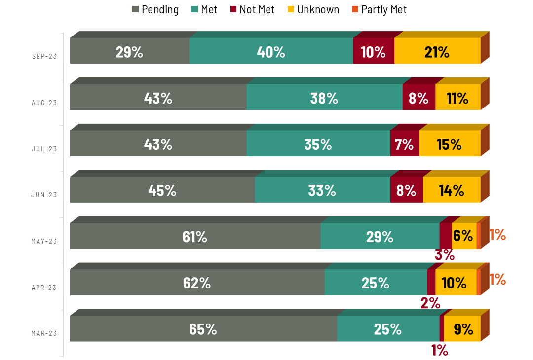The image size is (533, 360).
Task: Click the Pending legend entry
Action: [x=155, y=9]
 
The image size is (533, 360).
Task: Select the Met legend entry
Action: [x=204, y=9]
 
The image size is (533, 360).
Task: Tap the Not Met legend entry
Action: [x=252, y=9]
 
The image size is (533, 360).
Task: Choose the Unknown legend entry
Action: [x=313, y=9]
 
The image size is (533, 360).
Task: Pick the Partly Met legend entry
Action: [x=379, y=9]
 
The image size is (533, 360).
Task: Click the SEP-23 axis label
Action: [x=44, y=56]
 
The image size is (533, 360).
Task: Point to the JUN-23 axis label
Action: [x=44, y=195]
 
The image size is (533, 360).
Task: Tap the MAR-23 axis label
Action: [x=44, y=333]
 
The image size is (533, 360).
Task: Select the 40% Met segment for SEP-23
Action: [x=271, y=51]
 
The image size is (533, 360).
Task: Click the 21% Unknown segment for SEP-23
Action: [x=437, y=51]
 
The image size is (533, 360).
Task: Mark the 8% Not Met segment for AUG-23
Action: [x=419, y=98]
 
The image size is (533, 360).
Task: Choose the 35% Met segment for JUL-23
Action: [x=318, y=144]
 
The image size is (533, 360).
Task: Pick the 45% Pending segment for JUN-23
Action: [x=162, y=190]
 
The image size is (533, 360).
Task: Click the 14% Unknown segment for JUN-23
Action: [x=452, y=190]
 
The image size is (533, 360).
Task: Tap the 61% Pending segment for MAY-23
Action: [x=195, y=236]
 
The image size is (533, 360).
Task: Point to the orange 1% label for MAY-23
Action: [x=497, y=235]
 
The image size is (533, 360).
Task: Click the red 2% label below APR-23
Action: [x=430, y=303]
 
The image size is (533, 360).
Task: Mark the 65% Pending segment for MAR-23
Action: [x=203, y=329]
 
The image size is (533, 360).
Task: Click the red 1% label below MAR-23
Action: [x=439, y=350]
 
